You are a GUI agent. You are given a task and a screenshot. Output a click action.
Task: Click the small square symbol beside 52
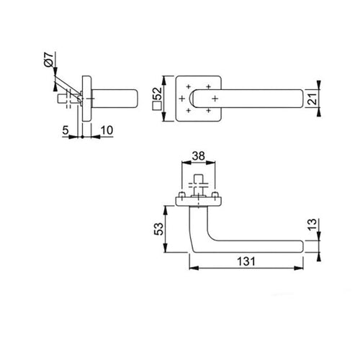pos(157,110)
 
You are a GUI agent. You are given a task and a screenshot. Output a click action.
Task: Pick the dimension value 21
pos(312,98)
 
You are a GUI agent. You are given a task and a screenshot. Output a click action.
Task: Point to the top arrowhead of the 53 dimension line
pos(167,207)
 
